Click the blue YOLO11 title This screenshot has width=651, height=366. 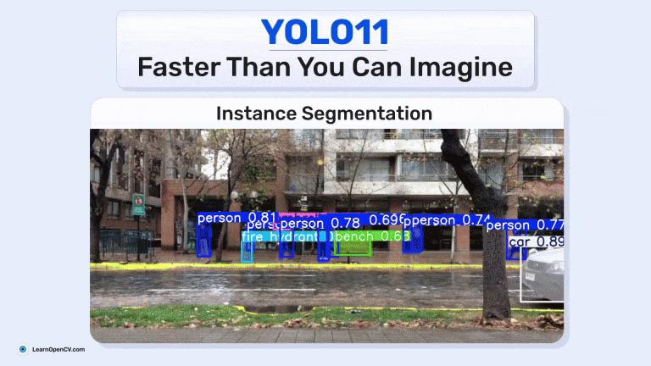tap(325, 32)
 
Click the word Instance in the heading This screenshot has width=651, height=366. tap(251, 113)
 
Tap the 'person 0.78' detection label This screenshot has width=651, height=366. tap(320, 224)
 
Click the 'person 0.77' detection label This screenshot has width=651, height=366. tap(525, 225)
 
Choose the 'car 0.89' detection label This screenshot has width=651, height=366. tap(536, 242)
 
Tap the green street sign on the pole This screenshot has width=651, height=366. tap(137, 204)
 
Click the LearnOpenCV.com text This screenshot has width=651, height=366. tap(58, 349)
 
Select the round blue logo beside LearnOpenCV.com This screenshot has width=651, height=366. tap(23, 349)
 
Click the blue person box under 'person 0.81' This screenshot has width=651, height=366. tap(204, 241)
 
